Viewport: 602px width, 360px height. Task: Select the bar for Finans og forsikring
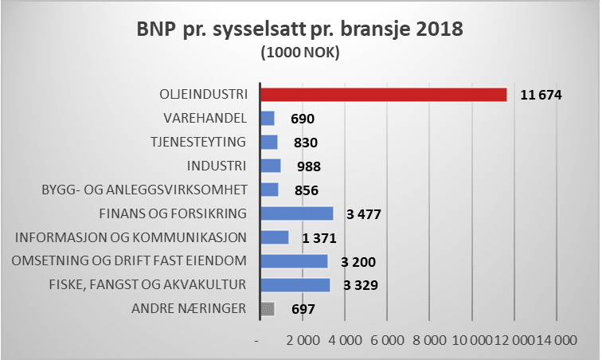[297, 213]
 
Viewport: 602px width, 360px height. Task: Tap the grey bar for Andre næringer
[268, 309]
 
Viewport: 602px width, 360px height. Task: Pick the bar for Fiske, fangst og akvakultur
[295, 285]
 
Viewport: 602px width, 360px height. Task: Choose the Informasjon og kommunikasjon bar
[275, 237]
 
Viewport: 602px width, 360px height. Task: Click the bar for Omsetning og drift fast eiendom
[294, 261]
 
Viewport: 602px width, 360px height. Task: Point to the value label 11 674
[541, 95]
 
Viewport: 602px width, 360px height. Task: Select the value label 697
[303, 309]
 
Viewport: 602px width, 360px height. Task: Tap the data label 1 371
[319, 237]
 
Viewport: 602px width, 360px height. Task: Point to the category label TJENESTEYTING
[199, 142]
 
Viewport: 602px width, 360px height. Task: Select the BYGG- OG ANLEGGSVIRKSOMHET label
[144, 190]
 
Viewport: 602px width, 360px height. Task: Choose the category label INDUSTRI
[217, 166]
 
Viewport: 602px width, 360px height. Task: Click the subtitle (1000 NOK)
[300, 55]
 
